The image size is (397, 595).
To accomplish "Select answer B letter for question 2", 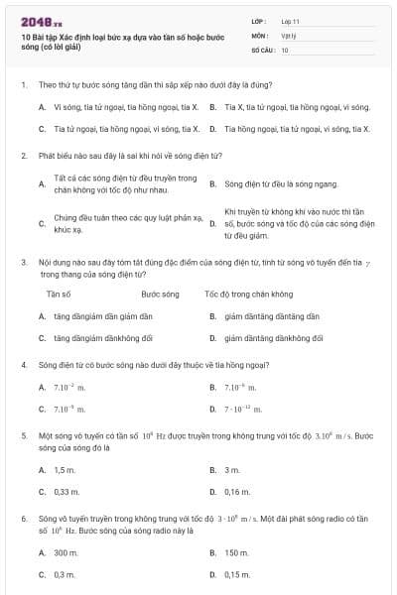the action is [x=212, y=184].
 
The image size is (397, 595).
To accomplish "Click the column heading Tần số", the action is [x=59, y=295].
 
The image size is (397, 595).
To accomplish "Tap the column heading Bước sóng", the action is [x=160, y=295].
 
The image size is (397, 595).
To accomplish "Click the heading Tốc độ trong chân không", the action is [x=248, y=295].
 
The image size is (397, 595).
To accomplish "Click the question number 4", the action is [x=23, y=364].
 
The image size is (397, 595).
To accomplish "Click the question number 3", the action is [x=23, y=262].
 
